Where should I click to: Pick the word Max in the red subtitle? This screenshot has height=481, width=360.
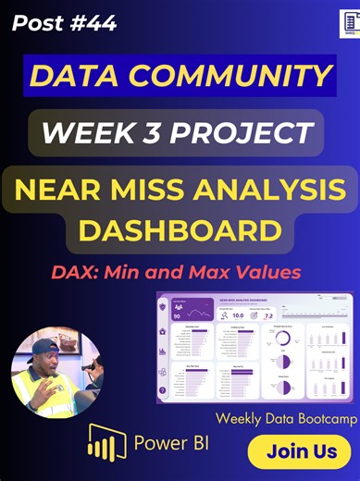click(x=226, y=273)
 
